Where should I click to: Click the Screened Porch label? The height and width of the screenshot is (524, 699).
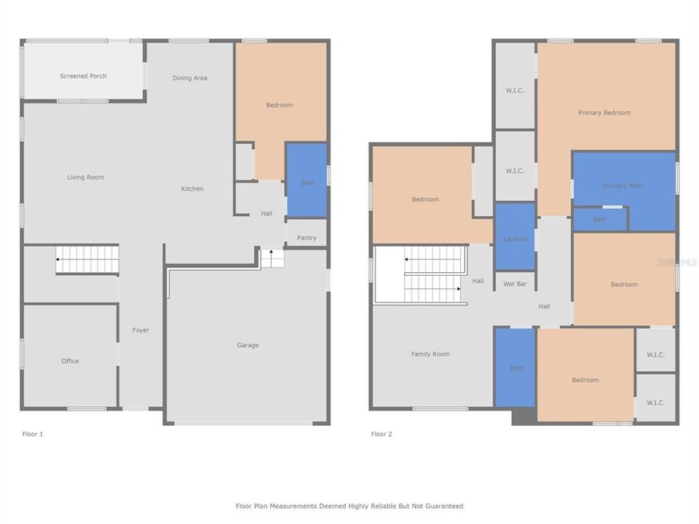tap(83, 76)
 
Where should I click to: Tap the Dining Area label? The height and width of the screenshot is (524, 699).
tap(190, 78)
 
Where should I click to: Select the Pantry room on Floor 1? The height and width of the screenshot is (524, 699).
tap(307, 237)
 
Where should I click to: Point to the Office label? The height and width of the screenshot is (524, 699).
tap(70, 361)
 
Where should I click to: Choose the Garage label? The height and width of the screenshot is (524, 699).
tap(248, 345)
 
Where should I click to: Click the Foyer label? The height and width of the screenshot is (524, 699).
tap(141, 330)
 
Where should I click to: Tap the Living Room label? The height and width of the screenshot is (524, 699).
tap(86, 178)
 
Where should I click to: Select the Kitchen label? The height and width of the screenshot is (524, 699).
tap(192, 189)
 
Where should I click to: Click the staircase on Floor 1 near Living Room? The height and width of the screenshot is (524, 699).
tap(87, 259)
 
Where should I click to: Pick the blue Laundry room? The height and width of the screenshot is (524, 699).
tap(516, 238)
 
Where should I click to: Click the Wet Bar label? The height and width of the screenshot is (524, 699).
tap(515, 284)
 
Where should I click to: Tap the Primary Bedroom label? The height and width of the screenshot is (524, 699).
tap(604, 113)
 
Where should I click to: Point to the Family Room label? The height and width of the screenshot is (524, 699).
tap(430, 354)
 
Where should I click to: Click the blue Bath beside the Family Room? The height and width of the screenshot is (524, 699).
tap(516, 368)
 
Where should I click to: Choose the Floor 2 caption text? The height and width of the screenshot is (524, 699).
tap(382, 434)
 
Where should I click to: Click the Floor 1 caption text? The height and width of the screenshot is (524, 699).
tap(33, 434)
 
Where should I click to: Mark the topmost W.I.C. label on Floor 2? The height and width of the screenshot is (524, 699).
tap(515, 91)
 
